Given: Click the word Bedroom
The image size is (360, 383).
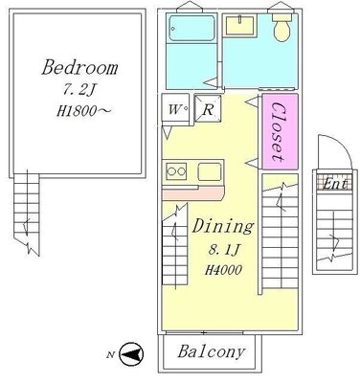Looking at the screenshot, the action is pyautogui.click(x=79, y=67).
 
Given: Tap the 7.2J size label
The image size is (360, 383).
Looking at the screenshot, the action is pyautogui.click(x=79, y=91).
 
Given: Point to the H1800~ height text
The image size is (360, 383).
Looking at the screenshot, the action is pyautogui.click(x=83, y=111).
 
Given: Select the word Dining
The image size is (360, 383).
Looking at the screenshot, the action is pyautogui.click(x=223, y=227).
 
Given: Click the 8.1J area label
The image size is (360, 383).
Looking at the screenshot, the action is pyautogui.click(x=223, y=251).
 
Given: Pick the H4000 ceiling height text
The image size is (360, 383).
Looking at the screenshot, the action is pyautogui.click(x=223, y=270).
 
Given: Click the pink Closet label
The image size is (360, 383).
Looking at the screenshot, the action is pyautogui.click(x=278, y=131).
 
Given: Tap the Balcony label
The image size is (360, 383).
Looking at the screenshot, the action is pyautogui.click(x=212, y=351).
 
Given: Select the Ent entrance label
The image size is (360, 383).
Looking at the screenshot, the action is pyautogui.click(x=335, y=184).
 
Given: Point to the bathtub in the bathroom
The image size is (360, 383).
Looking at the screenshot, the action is pyautogui.click(x=191, y=28).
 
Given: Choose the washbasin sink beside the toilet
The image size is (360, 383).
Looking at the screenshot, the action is pyautogui.click(x=240, y=26).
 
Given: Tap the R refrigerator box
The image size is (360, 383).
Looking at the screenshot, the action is pyautogui.click(x=208, y=108).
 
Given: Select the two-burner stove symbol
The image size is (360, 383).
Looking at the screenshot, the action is pyautogui.click(x=176, y=171).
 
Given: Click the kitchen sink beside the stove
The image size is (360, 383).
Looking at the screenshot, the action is pyautogui.click(x=210, y=171).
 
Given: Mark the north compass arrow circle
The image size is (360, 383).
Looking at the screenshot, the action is pyautogui.click(x=131, y=354).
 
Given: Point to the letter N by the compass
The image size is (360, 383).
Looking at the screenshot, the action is pyautogui.click(x=111, y=354).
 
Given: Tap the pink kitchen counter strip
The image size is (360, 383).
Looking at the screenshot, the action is pyautogui.click(x=193, y=193).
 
